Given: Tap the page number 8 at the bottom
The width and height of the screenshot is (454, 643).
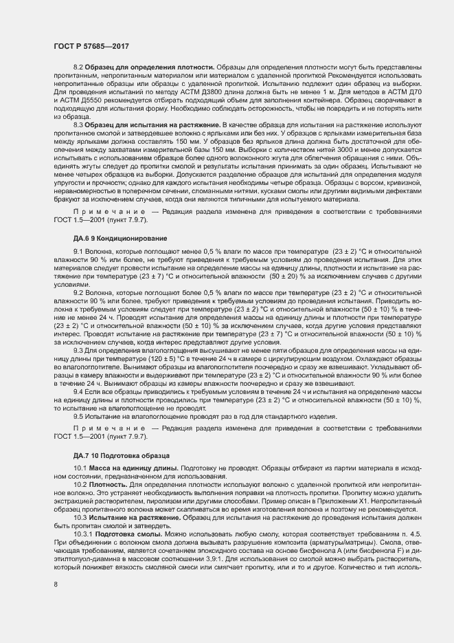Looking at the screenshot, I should [55, 585].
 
